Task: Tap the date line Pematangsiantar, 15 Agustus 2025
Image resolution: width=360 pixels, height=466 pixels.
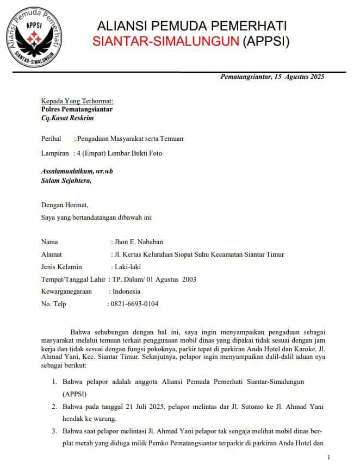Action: click(x=272, y=77)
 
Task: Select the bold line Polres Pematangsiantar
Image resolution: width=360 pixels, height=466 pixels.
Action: click(x=77, y=109)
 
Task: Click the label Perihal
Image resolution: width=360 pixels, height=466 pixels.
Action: click(x=51, y=139)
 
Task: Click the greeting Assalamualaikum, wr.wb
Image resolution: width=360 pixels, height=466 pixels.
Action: click(x=77, y=171)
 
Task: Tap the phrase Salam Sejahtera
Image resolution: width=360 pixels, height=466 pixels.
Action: click(x=66, y=180)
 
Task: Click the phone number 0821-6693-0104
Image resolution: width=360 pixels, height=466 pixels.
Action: click(x=135, y=304)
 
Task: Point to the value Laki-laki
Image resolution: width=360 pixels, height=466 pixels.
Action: click(x=127, y=267)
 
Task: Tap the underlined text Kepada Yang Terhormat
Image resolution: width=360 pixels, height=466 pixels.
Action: click(x=77, y=101)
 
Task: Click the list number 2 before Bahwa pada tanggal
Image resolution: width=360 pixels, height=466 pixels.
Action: click(x=54, y=406)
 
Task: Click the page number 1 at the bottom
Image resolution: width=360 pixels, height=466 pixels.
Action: click(x=329, y=457)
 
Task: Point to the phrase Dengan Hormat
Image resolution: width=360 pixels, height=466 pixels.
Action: click(x=65, y=205)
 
